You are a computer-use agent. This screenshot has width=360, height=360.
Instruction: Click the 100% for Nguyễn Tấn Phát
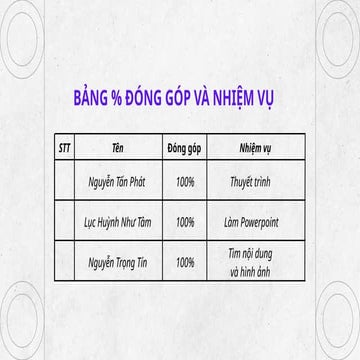tap(184, 183)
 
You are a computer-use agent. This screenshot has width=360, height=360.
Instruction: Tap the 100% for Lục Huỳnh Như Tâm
tap(184, 222)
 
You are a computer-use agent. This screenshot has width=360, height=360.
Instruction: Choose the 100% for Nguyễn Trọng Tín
tap(184, 262)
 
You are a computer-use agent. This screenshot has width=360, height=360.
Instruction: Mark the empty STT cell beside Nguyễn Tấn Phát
tap(66, 183)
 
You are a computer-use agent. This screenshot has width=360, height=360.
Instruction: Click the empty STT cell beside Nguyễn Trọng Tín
tap(66, 262)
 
